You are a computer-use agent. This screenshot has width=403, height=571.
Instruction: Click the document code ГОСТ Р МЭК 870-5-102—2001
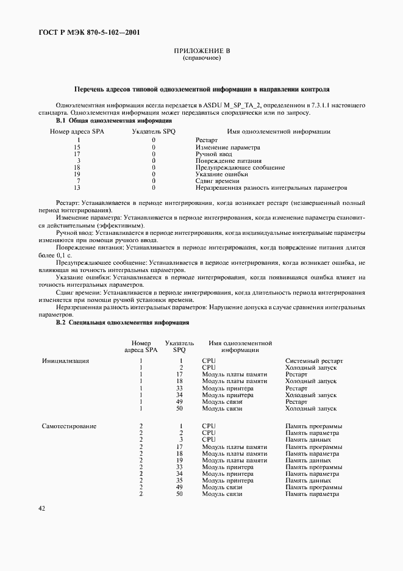[83, 33]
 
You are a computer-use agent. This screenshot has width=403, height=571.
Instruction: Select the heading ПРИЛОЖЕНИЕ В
[201, 51]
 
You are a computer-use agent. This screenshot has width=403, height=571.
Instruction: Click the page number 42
[41, 508]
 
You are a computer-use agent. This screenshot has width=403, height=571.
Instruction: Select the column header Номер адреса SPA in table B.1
[77, 131]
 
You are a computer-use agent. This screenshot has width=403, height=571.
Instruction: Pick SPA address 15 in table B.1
[77, 147]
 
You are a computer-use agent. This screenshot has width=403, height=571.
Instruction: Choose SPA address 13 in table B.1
[77, 187]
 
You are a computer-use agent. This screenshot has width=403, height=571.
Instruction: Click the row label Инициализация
[65, 361]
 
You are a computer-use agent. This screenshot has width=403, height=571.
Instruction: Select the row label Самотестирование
[69, 426]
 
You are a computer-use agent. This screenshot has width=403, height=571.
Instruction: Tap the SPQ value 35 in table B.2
[179, 480]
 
